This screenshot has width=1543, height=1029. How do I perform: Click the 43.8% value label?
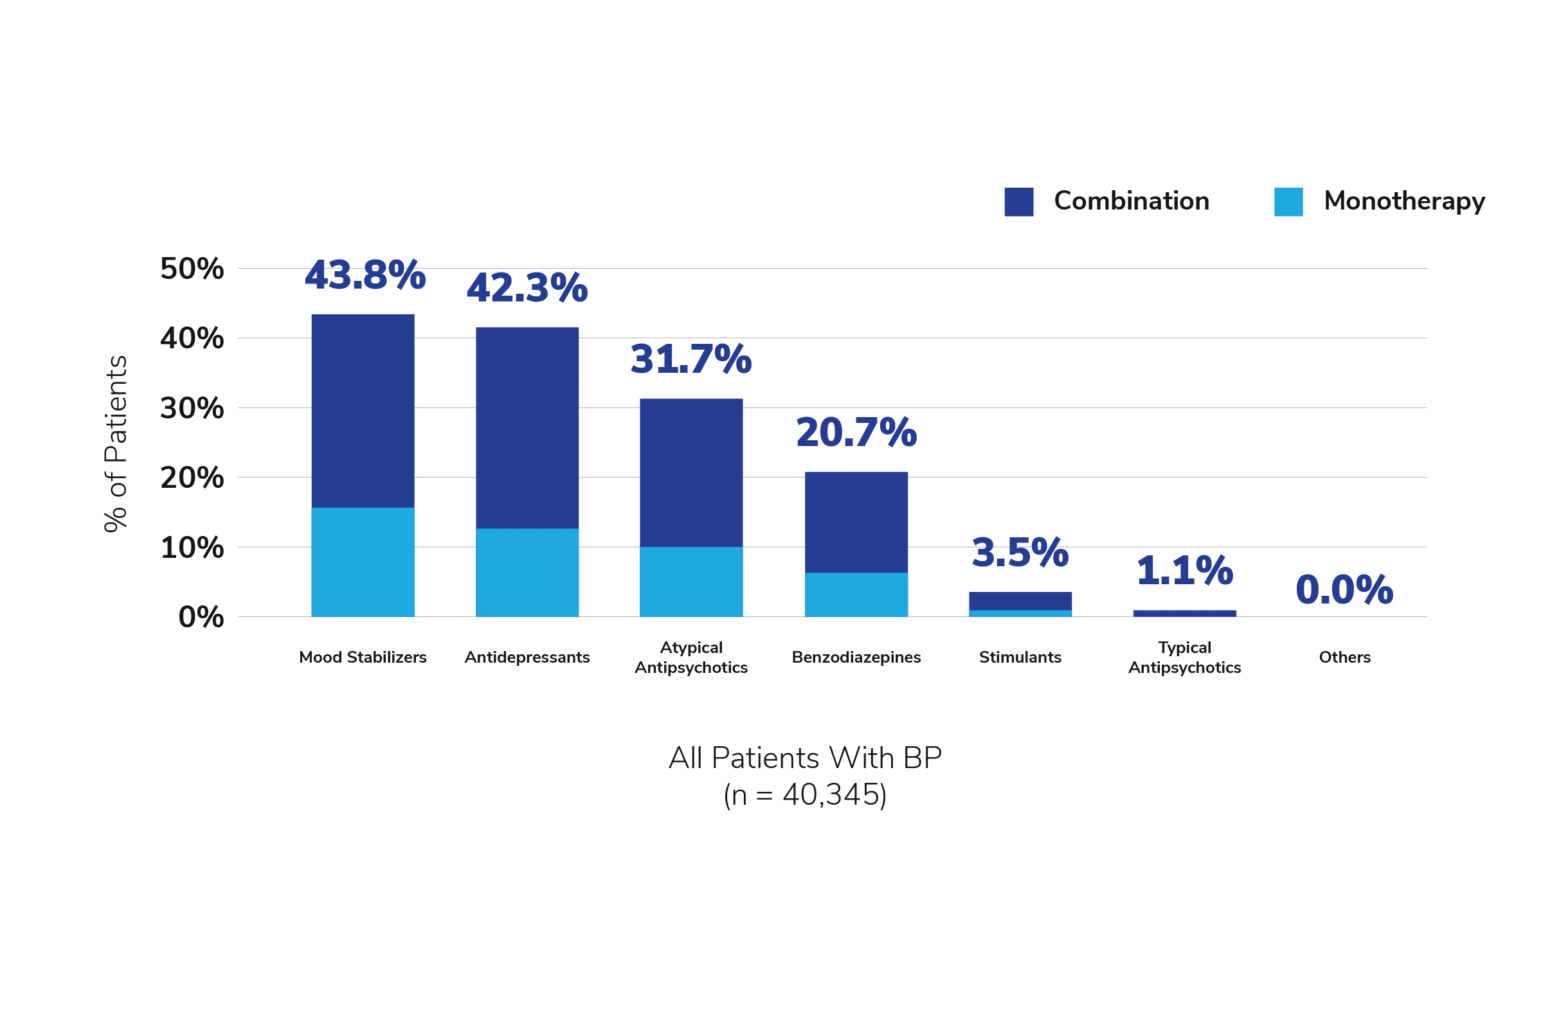(365, 275)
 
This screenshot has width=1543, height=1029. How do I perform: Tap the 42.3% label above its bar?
(527, 288)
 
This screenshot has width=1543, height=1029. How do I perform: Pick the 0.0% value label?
(1344, 589)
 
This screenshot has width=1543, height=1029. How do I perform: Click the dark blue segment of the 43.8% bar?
(363, 410)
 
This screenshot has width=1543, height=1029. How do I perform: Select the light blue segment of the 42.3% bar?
(527, 571)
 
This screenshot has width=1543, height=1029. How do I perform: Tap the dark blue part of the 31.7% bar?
(691, 471)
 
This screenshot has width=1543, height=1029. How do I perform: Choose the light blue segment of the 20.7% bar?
(856, 594)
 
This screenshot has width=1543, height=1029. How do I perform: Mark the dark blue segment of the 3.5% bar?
(1020, 600)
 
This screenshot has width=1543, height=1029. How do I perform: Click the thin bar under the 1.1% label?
(1185, 612)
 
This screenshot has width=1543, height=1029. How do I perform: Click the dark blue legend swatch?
(1018, 203)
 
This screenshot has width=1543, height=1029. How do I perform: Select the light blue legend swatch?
(1288, 203)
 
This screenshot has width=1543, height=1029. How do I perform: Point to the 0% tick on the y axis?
(200, 616)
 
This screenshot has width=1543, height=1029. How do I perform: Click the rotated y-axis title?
(116, 444)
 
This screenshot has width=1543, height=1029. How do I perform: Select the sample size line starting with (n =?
(807, 796)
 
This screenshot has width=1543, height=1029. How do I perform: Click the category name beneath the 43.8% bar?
(363, 656)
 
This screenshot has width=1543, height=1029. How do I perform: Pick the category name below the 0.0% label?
(1344, 656)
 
